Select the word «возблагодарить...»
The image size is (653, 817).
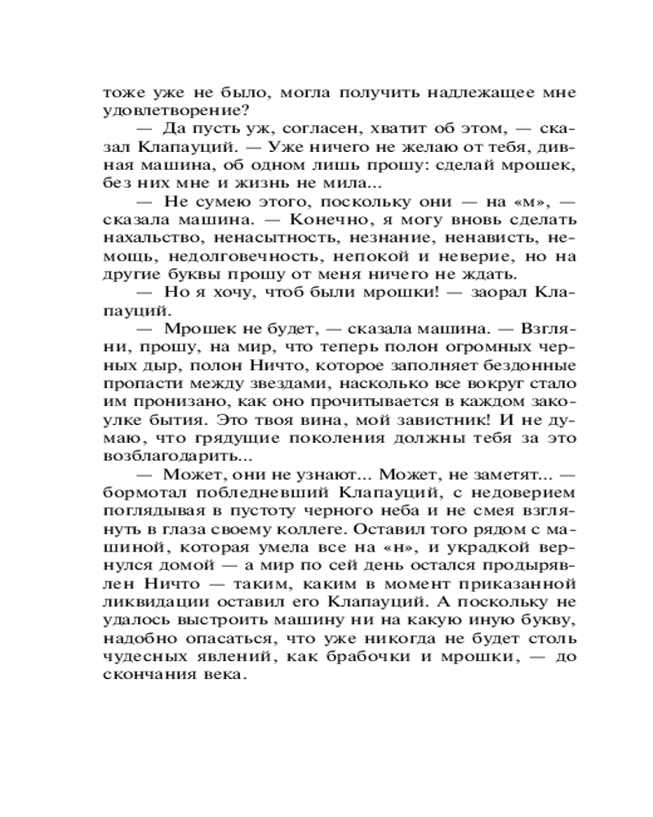tap(164, 458)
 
